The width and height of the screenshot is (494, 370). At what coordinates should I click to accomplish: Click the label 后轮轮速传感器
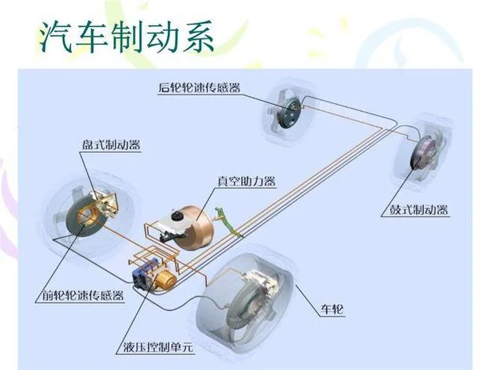tap(199, 87)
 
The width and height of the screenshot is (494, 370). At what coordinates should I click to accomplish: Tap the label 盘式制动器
tap(111, 145)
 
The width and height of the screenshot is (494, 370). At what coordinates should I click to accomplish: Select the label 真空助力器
tap(247, 181)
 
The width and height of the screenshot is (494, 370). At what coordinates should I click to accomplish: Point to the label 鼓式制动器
tap(418, 209)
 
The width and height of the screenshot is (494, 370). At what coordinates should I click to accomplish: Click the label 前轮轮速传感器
tap(83, 296)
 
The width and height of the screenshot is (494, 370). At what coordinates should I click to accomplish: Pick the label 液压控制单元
tap(158, 347)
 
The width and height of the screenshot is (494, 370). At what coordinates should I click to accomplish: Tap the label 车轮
tap(332, 309)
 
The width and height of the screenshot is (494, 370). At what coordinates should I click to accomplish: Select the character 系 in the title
tap(199, 37)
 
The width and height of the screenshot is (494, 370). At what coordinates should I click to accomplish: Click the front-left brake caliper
tap(104, 202)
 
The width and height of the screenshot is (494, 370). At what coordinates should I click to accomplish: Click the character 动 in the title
tap(162, 37)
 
